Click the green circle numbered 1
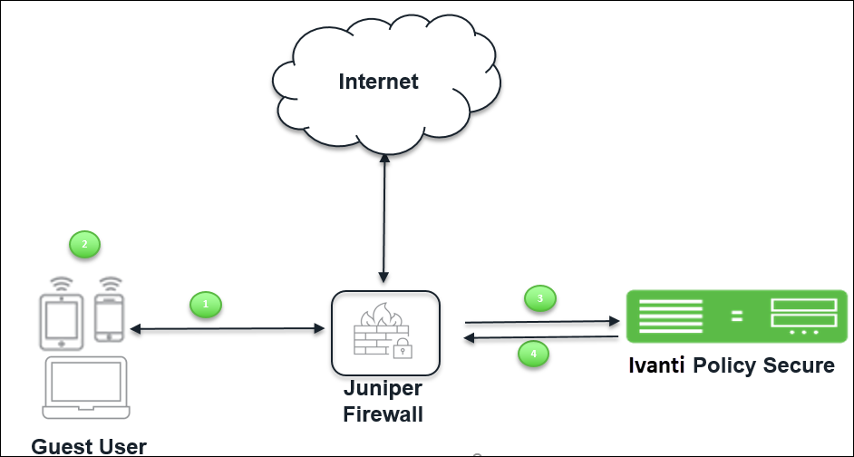(205, 304)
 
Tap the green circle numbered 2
(84, 244)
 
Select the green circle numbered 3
(539, 298)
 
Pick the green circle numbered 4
(533, 354)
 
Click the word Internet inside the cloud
(379, 82)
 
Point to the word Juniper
(383, 388)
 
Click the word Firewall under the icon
(383, 414)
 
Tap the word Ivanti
(657, 365)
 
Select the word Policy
(724, 365)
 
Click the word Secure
(799, 365)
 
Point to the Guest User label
(89, 447)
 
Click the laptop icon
(86, 387)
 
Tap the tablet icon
(62, 314)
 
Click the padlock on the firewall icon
(403, 347)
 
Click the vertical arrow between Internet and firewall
(384, 219)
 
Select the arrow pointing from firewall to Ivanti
(542, 322)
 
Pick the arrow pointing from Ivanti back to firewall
(541, 337)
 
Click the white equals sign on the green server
(737, 316)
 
